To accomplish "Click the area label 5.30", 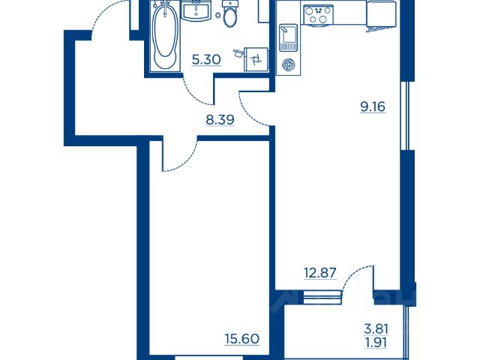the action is point(206,59).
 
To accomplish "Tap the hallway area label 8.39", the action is point(220,120).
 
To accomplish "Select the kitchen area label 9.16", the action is point(373,106).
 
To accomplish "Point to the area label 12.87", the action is point(320,272).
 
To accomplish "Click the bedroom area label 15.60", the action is point(242,339).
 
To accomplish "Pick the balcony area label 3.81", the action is point(376,329).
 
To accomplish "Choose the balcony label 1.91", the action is point(376,343).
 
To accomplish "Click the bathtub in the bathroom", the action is point(165,37).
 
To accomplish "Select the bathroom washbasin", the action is point(196,10).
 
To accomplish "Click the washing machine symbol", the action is point(256,59).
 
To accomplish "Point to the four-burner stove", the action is point(318,15).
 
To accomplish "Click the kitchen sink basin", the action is point(288,37).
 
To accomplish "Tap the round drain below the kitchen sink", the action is point(288,65).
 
